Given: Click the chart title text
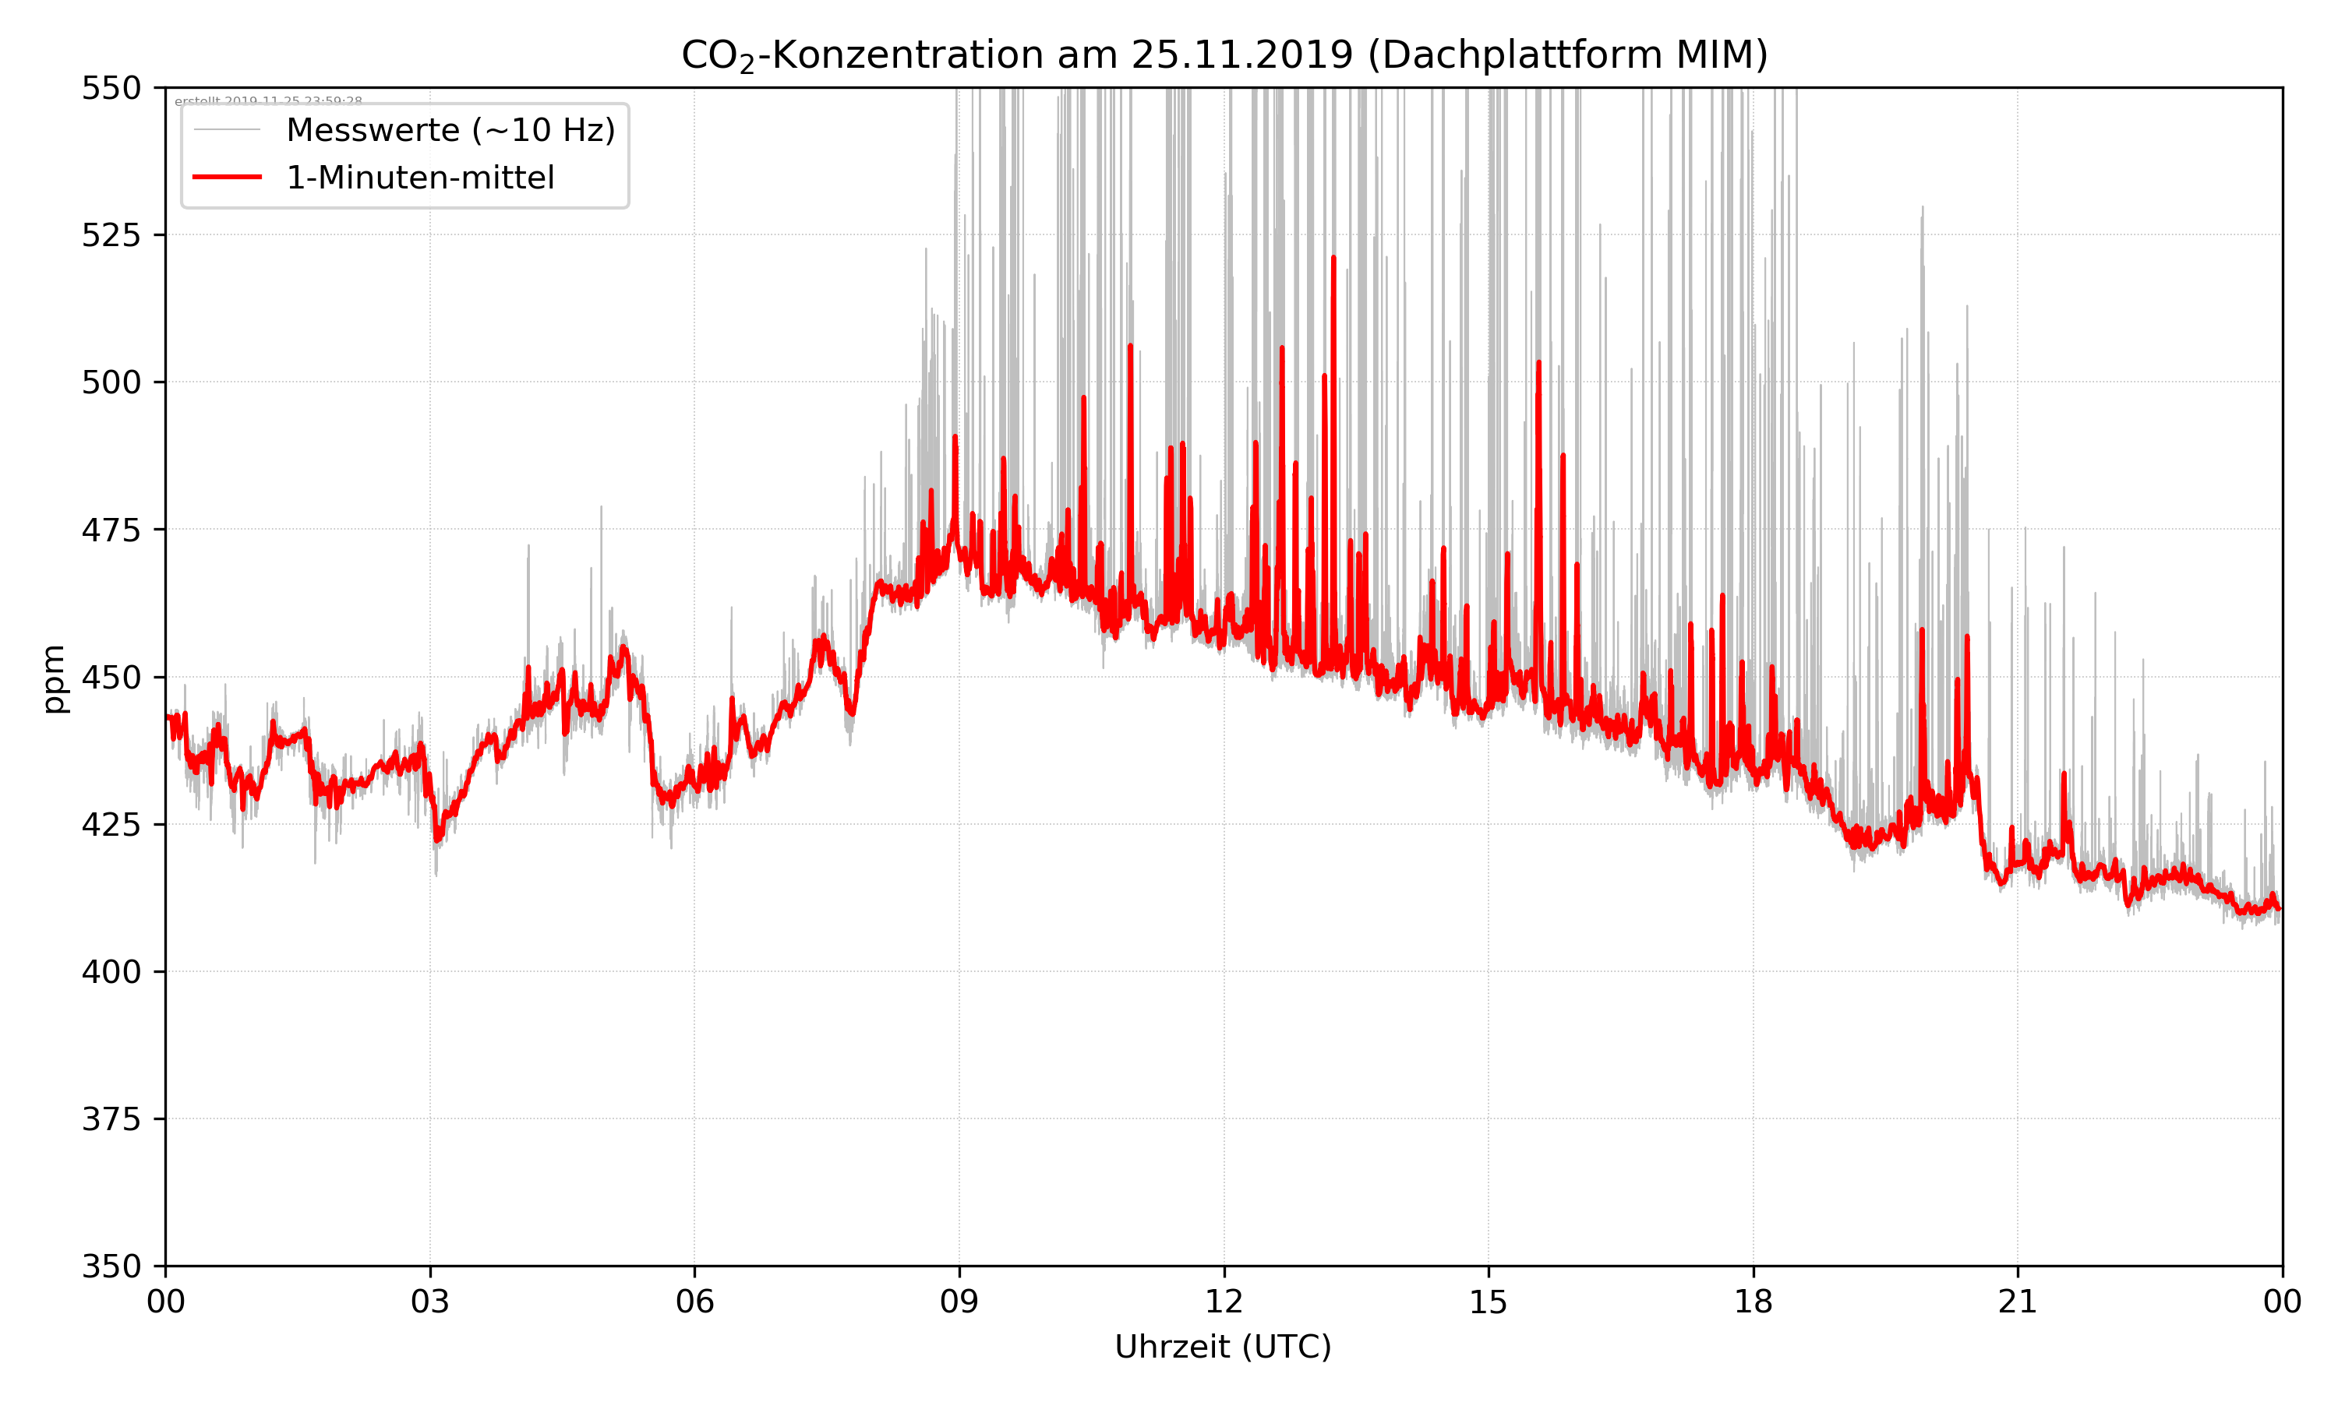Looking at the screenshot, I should [x=1224, y=55].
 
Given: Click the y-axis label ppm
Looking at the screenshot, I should [x=54, y=678].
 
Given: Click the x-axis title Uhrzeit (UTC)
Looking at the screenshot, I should [x=1223, y=1346].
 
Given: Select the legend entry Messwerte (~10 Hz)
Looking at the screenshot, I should [x=450, y=130].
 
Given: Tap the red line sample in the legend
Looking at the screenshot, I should [x=227, y=178].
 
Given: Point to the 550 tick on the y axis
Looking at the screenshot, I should [x=111, y=88].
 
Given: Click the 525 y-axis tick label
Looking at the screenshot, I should [x=111, y=235].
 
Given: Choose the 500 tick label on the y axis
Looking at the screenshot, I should [x=111, y=382].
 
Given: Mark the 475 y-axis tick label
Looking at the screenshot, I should [x=111, y=530].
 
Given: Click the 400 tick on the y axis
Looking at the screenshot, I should [x=111, y=972].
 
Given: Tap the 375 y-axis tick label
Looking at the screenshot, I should [x=111, y=1119].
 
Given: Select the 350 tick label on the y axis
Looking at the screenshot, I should [x=111, y=1267].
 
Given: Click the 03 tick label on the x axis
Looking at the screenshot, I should [x=430, y=1302].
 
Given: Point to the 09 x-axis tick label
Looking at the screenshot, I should [x=959, y=1302].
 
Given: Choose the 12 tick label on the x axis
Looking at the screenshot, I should [x=1224, y=1302].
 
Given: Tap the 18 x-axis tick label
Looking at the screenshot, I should [x=1753, y=1302].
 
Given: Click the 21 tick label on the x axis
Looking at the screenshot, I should [x=2018, y=1302].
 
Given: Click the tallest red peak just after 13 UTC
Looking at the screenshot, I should [x=1333, y=258].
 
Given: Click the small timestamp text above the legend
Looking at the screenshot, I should [x=268, y=101].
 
